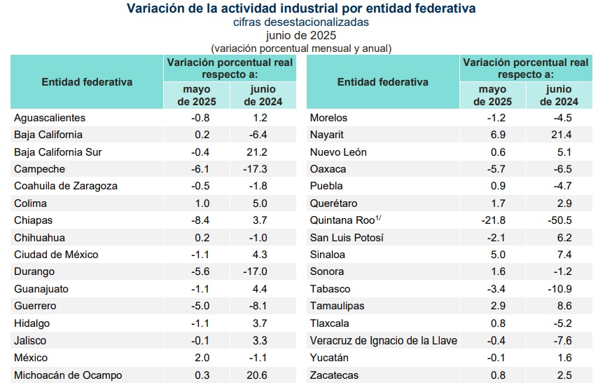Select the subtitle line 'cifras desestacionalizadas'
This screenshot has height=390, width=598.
point(301,22)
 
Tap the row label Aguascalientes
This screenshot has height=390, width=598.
point(50,118)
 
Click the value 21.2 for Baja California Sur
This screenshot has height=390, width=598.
point(262,152)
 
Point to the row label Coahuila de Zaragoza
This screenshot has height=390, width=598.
point(66,186)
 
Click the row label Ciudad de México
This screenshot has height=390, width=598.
point(56,255)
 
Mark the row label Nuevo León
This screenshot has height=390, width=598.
point(338,152)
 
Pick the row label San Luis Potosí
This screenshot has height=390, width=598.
point(347,238)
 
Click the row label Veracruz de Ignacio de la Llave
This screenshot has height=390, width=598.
point(383,341)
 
